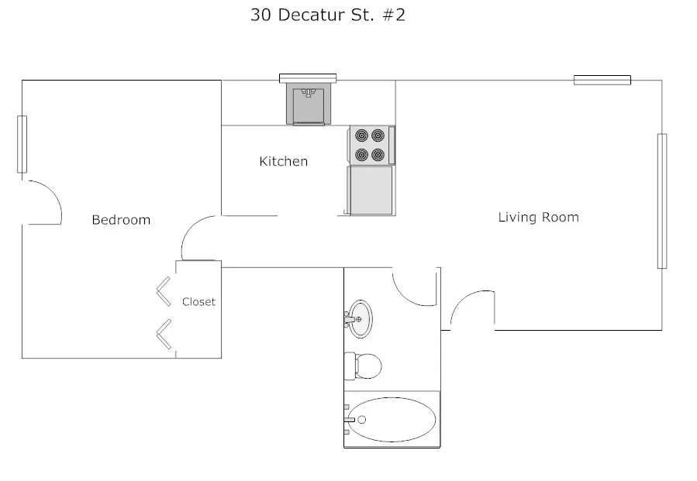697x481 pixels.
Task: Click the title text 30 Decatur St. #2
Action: coord(327,15)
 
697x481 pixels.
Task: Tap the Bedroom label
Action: coord(121,220)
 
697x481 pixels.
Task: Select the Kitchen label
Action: coord(283,161)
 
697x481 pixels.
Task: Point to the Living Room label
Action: coord(538,217)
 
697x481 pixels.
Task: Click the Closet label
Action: coord(198,302)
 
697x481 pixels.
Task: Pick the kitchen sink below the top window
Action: coord(309,105)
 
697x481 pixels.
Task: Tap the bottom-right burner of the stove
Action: coord(378,154)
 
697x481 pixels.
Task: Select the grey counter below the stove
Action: coord(371,191)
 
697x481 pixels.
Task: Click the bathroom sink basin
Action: coord(360,318)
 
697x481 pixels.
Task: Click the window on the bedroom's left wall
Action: coord(22,144)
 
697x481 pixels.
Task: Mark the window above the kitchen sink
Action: coord(308,77)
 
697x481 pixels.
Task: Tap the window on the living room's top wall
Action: coord(602,80)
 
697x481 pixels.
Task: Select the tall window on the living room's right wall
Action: coord(661,201)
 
